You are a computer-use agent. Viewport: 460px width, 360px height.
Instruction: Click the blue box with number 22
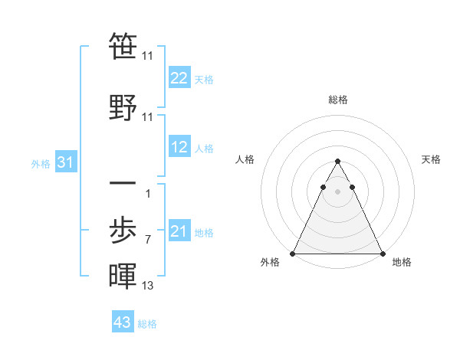point(179,78)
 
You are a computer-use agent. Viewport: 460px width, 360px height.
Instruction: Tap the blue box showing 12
point(179,147)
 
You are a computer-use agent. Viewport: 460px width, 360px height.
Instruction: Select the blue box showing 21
point(179,231)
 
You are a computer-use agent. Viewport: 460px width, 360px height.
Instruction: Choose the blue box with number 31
point(66,162)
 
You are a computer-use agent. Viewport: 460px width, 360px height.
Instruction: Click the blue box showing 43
point(123,322)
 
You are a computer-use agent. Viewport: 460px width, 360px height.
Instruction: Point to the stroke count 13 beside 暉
point(147,286)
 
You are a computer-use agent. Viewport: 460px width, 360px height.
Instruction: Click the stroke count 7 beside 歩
point(147,240)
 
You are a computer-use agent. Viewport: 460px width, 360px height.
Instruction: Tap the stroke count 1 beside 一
point(147,194)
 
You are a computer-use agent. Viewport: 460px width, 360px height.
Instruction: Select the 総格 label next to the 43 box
point(147,324)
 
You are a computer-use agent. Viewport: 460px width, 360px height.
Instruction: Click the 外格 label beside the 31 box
point(41,163)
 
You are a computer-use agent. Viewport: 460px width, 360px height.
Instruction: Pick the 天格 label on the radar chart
point(431,159)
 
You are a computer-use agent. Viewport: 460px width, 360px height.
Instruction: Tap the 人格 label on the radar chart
point(245,159)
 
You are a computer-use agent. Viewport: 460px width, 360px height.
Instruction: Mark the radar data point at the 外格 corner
point(293,253)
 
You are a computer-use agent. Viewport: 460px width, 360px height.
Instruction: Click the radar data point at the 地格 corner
point(382,253)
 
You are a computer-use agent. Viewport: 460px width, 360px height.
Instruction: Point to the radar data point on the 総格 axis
point(337,162)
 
